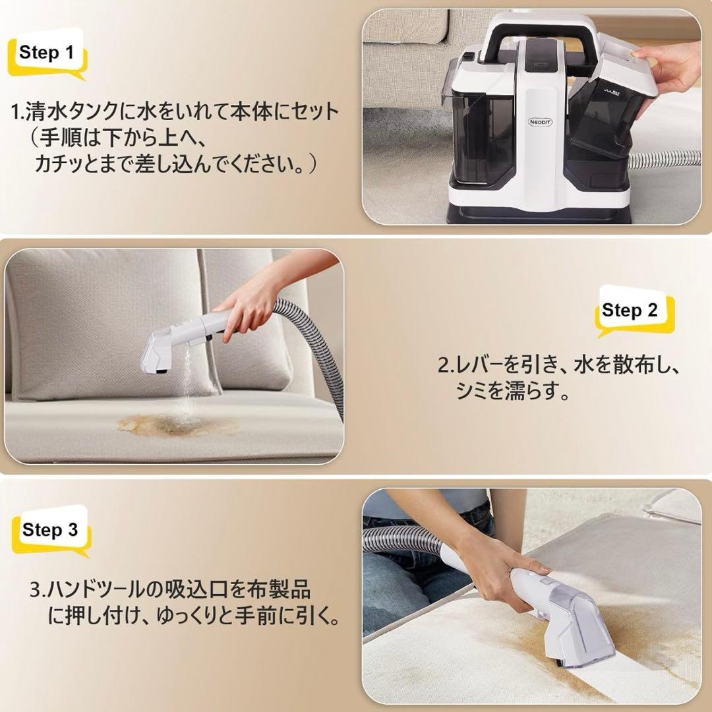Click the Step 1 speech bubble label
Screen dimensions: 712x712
click(46, 53)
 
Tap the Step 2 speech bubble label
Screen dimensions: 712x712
click(630, 311)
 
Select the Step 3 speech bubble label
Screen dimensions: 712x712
click(50, 530)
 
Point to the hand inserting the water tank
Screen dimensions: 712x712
click(672, 73)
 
